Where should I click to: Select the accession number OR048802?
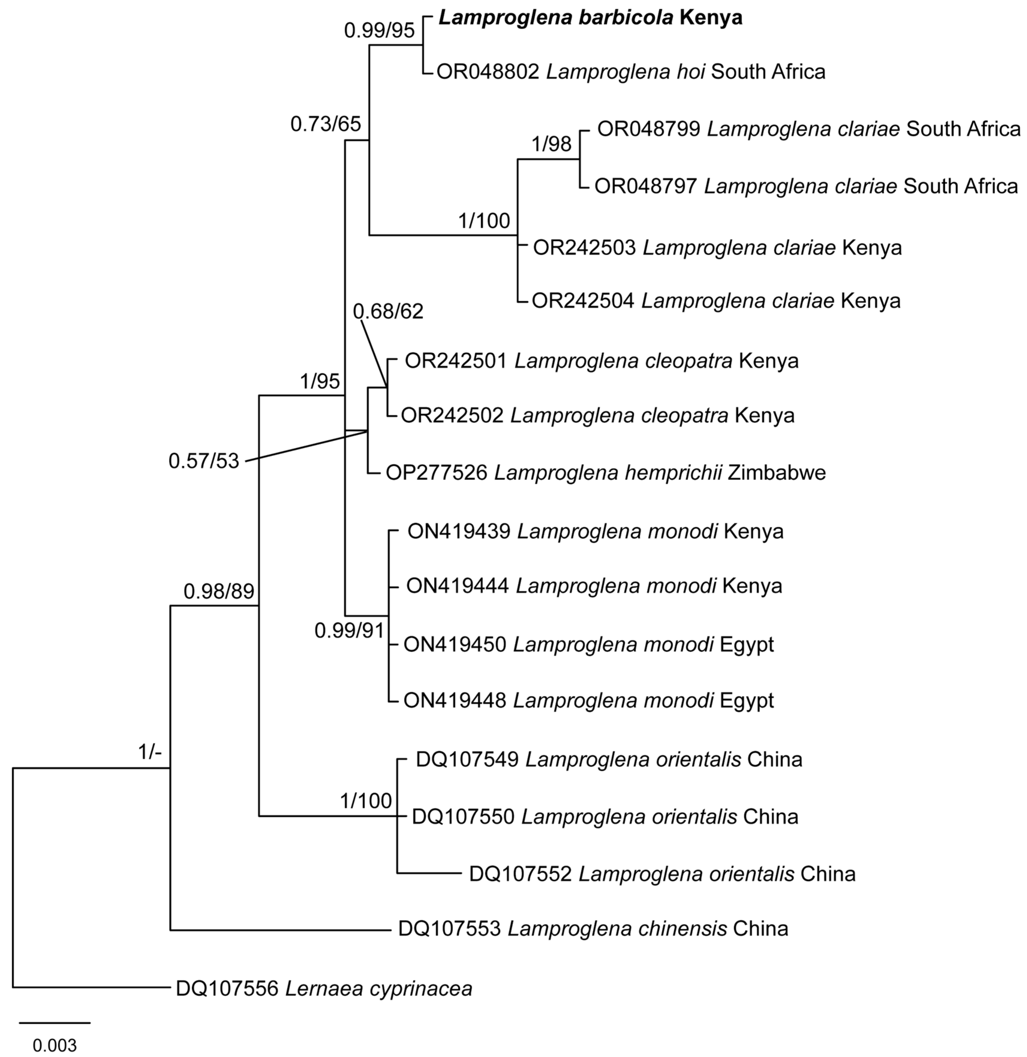pyautogui.click(x=488, y=72)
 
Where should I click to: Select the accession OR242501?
pyautogui.click(x=455, y=361)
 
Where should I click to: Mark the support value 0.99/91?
pyautogui.click(x=349, y=630)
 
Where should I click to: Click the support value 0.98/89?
pyautogui.click(x=219, y=591)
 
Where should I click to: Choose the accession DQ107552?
pyautogui.click(x=520, y=874)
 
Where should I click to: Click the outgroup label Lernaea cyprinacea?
pyautogui.click(x=378, y=989)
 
